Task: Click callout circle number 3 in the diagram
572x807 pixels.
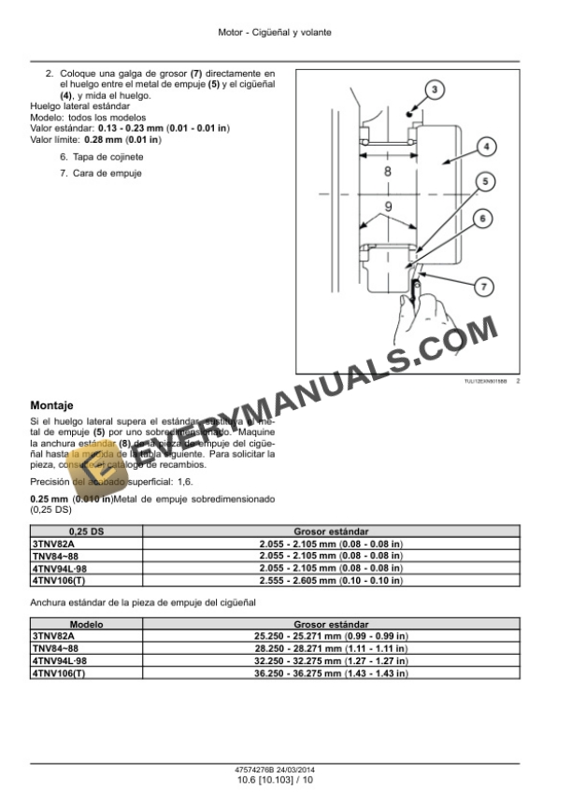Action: click(x=435, y=89)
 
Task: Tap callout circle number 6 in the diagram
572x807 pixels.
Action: click(x=482, y=219)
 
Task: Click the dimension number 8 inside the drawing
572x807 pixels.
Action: click(x=388, y=174)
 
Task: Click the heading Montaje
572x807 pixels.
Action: click(x=52, y=406)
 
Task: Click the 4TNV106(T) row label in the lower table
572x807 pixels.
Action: click(x=58, y=672)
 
